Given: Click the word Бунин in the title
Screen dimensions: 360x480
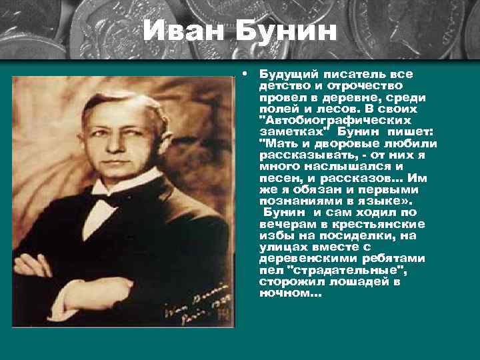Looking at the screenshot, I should click(x=284, y=32).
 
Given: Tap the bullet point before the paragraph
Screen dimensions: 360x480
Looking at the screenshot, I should click(x=246, y=71).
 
